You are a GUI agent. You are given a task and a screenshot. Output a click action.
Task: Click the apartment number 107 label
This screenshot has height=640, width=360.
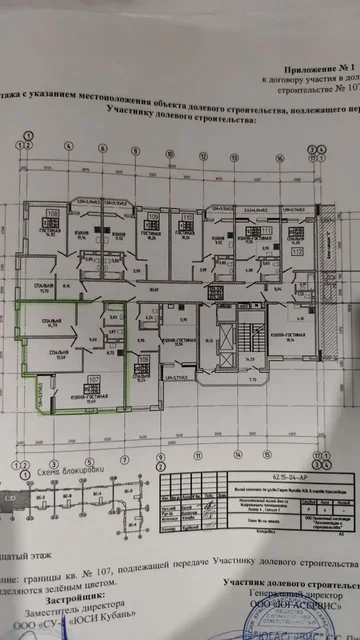(x=93, y=378)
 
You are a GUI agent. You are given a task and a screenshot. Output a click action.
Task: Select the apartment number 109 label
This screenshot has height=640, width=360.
(x=154, y=216)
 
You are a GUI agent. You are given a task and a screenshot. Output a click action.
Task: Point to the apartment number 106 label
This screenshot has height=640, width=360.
(x=144, y=358)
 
